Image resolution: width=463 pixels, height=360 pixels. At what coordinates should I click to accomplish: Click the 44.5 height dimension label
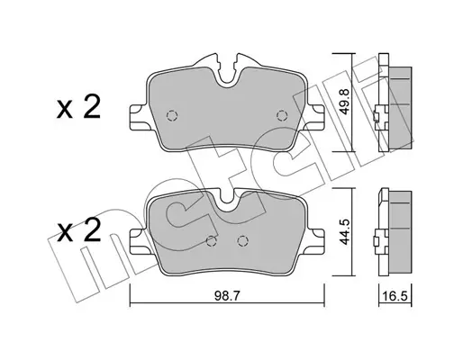[344, 230]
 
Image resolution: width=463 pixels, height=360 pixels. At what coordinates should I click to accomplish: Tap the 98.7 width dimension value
[227, 296]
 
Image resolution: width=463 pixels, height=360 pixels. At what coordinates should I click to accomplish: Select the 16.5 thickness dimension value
[395, 296]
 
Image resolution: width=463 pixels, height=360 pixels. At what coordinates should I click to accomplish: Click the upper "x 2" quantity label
[78, 108]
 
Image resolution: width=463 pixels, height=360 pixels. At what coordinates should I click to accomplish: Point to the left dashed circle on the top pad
[172, 115]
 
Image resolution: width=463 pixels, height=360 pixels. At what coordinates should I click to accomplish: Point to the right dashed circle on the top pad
[282, 115]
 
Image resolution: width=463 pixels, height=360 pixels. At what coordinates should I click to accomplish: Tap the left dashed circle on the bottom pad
[212, 240]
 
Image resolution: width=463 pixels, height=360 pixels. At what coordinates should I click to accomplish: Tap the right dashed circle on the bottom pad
[242, 240]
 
